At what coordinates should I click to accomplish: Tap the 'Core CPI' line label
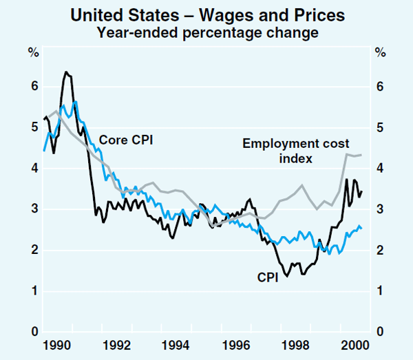[x=126, y=140]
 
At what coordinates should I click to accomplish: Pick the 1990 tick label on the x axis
[x=56, y=343]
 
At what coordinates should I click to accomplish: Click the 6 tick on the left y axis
[x=32, y=87]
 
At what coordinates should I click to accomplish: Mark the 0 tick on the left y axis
[x=32, y=332]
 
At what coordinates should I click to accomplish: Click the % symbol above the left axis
[x=32, y=51]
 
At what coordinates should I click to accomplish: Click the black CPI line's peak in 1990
[x=66, y=72]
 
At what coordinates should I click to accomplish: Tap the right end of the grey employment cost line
[x=362, y=155]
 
